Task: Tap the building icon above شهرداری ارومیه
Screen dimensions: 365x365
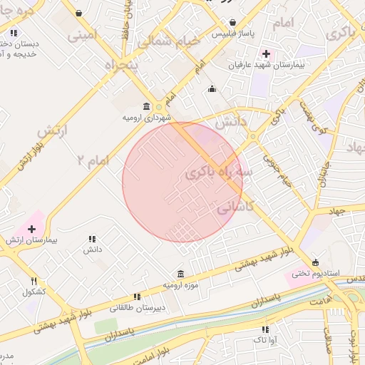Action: point(146,107)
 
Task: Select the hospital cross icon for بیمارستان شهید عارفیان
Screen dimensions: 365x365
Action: point(267,54)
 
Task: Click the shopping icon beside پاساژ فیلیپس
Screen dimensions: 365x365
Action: point(234,21)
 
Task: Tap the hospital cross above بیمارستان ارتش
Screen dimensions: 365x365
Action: point(31,229)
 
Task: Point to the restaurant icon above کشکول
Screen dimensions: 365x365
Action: point(34,281)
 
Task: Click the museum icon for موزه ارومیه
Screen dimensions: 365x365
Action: point(180,274)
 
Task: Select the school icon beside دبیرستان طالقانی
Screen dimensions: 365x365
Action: point(136,297)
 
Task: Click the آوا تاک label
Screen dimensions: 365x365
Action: point(265,340)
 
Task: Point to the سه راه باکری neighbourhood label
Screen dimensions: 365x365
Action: point(219,172)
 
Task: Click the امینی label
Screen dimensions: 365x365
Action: point(78,33)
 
